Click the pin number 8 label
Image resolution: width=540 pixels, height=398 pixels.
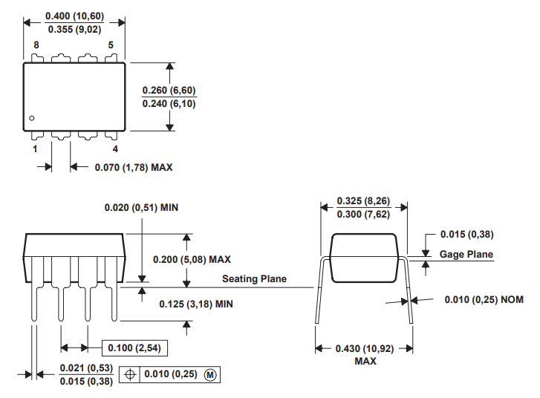(36, 45)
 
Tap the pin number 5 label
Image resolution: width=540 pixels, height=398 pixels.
(111, 45)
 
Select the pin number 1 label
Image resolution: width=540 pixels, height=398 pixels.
(35, 149)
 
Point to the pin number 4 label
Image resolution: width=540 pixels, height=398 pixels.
(114, 149)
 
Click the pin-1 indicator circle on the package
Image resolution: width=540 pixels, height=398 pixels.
(32, 118)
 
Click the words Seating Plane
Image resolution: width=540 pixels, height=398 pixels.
(254, 279)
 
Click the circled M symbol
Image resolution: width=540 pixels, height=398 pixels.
(209, 375)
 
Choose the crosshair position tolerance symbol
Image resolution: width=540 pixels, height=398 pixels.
(131, 375)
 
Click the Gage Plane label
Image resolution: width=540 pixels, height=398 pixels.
(466, 255)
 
